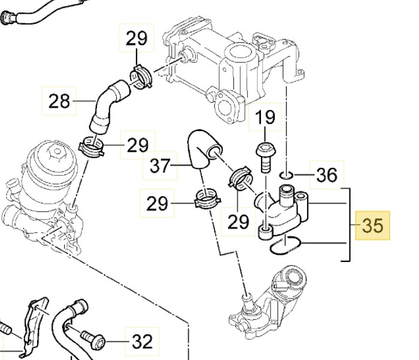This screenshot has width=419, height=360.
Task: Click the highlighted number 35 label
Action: click(x=372, y=225)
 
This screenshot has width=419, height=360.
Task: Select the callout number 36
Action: click(x=326, y=175)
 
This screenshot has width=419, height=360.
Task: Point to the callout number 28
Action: click(x=59, y=100)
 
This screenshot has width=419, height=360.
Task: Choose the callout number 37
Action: click(x=160, y=165)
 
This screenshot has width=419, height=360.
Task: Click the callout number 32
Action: click(x=142, y=341)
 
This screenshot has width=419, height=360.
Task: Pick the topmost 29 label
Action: click(x=136, y=39)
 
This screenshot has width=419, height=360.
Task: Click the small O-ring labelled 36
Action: click(x=286, y=175)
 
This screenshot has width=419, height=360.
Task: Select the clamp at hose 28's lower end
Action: click(x=92, y=147)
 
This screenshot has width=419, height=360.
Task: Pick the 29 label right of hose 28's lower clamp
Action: click(x=137, y=145)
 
